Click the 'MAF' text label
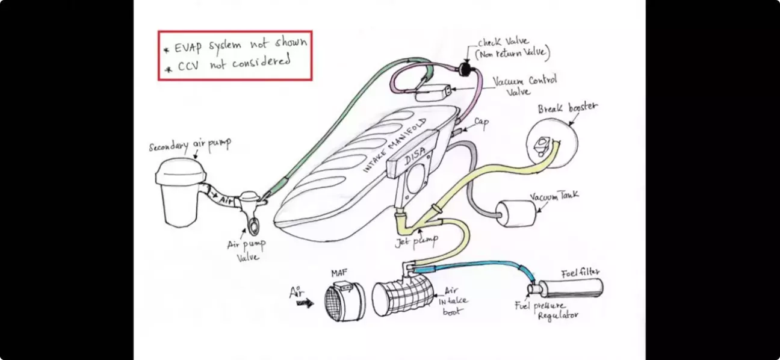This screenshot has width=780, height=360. (339, 274)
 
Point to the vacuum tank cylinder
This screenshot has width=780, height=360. (515, 214)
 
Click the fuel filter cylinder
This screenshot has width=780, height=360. (570, 288)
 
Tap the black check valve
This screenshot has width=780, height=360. (465, 69)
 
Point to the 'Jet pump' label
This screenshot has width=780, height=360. (416, 241)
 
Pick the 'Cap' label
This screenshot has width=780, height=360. (481, 122)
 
